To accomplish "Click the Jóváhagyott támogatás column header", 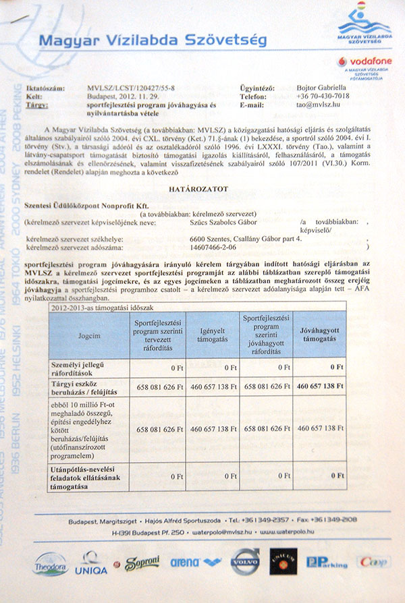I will point(320,335).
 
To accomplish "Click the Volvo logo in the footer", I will point(245,561).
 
